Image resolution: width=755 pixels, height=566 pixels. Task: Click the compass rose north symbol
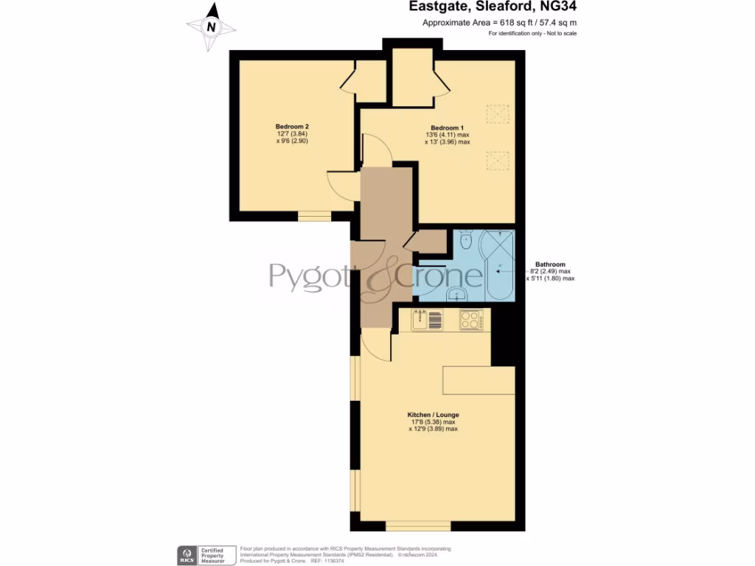[212, 26]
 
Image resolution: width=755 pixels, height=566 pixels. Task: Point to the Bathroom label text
[550, 265]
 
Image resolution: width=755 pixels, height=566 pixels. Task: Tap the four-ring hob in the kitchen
[470, 320]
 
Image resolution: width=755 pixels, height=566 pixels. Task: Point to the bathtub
[498, 269]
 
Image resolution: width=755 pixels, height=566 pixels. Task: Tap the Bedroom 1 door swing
[375, 152]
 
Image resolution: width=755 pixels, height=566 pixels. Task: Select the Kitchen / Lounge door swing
[377, 345]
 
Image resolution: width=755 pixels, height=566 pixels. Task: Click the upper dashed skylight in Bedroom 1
[498, 114]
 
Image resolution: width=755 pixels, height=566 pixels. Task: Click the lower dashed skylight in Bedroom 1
[498, 160]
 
